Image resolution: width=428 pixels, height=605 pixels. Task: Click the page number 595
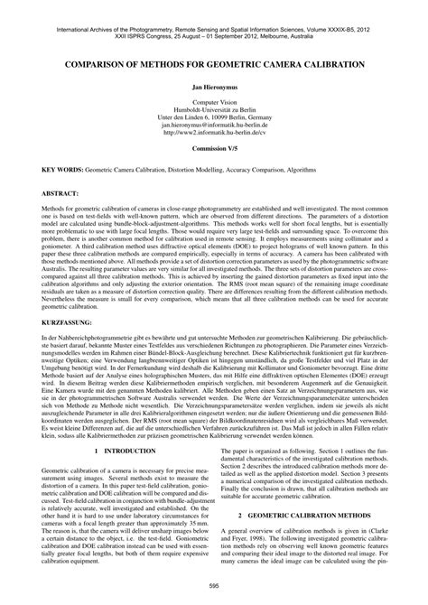tap(213, 585)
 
